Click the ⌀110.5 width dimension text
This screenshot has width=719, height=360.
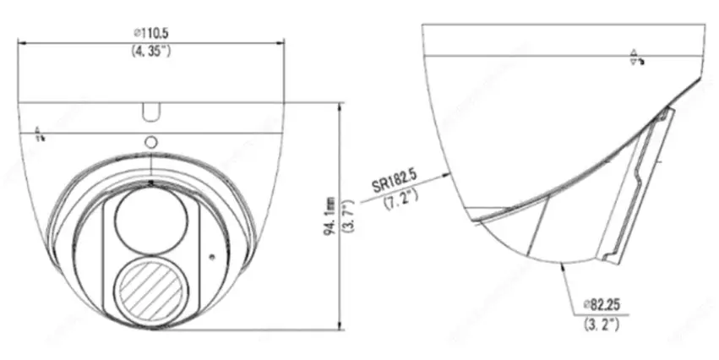[151, 32]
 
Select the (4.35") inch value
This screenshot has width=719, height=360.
[151, 51]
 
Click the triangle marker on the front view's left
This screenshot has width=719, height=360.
[38, 134]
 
